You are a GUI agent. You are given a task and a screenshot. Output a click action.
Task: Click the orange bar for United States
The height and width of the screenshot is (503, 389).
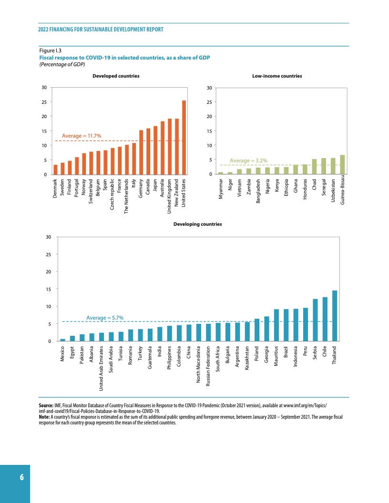point(184,138)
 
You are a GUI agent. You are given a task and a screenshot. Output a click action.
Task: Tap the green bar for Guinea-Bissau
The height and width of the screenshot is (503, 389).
point(342,165)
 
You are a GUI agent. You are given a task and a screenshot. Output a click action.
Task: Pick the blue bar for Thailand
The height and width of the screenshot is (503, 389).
point(335,316)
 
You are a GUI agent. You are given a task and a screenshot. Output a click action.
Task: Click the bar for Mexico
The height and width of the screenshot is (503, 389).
point(62,340)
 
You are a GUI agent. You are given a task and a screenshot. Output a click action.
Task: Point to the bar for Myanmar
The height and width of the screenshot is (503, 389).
point(221,173)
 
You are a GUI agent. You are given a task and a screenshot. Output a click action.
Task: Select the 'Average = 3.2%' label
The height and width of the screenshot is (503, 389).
point(248,161)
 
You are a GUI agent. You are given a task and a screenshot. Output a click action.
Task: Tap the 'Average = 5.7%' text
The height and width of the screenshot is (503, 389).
point(105,317)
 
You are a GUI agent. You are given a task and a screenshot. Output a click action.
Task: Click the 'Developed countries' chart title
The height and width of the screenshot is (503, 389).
point(116,76)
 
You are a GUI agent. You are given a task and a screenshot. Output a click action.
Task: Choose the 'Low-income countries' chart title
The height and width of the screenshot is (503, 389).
point(277,76)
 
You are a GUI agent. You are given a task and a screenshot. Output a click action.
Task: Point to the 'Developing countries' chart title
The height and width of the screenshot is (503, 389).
point(197,224)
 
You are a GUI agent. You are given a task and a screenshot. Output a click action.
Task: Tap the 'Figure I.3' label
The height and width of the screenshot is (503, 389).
point(49,50)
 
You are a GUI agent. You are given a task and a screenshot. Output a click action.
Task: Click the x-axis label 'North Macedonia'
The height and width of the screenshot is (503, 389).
point(198,369)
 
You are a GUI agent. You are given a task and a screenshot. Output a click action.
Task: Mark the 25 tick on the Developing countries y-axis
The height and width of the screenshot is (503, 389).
point(48,254)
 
